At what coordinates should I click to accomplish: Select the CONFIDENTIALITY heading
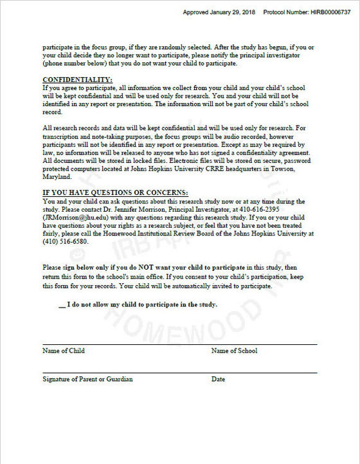[77, 79]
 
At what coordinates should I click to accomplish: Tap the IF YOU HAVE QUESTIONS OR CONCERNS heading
[115, 192]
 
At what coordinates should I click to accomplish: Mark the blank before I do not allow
[62, 304]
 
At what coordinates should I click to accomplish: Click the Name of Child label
[64, 351]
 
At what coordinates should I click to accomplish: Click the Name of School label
[234, 351]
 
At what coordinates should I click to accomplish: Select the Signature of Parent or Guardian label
[87, 379]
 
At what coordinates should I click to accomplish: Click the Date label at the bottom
[218, 379]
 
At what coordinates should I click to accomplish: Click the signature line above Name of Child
[122, 344]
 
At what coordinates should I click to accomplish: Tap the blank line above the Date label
[264, 373]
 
